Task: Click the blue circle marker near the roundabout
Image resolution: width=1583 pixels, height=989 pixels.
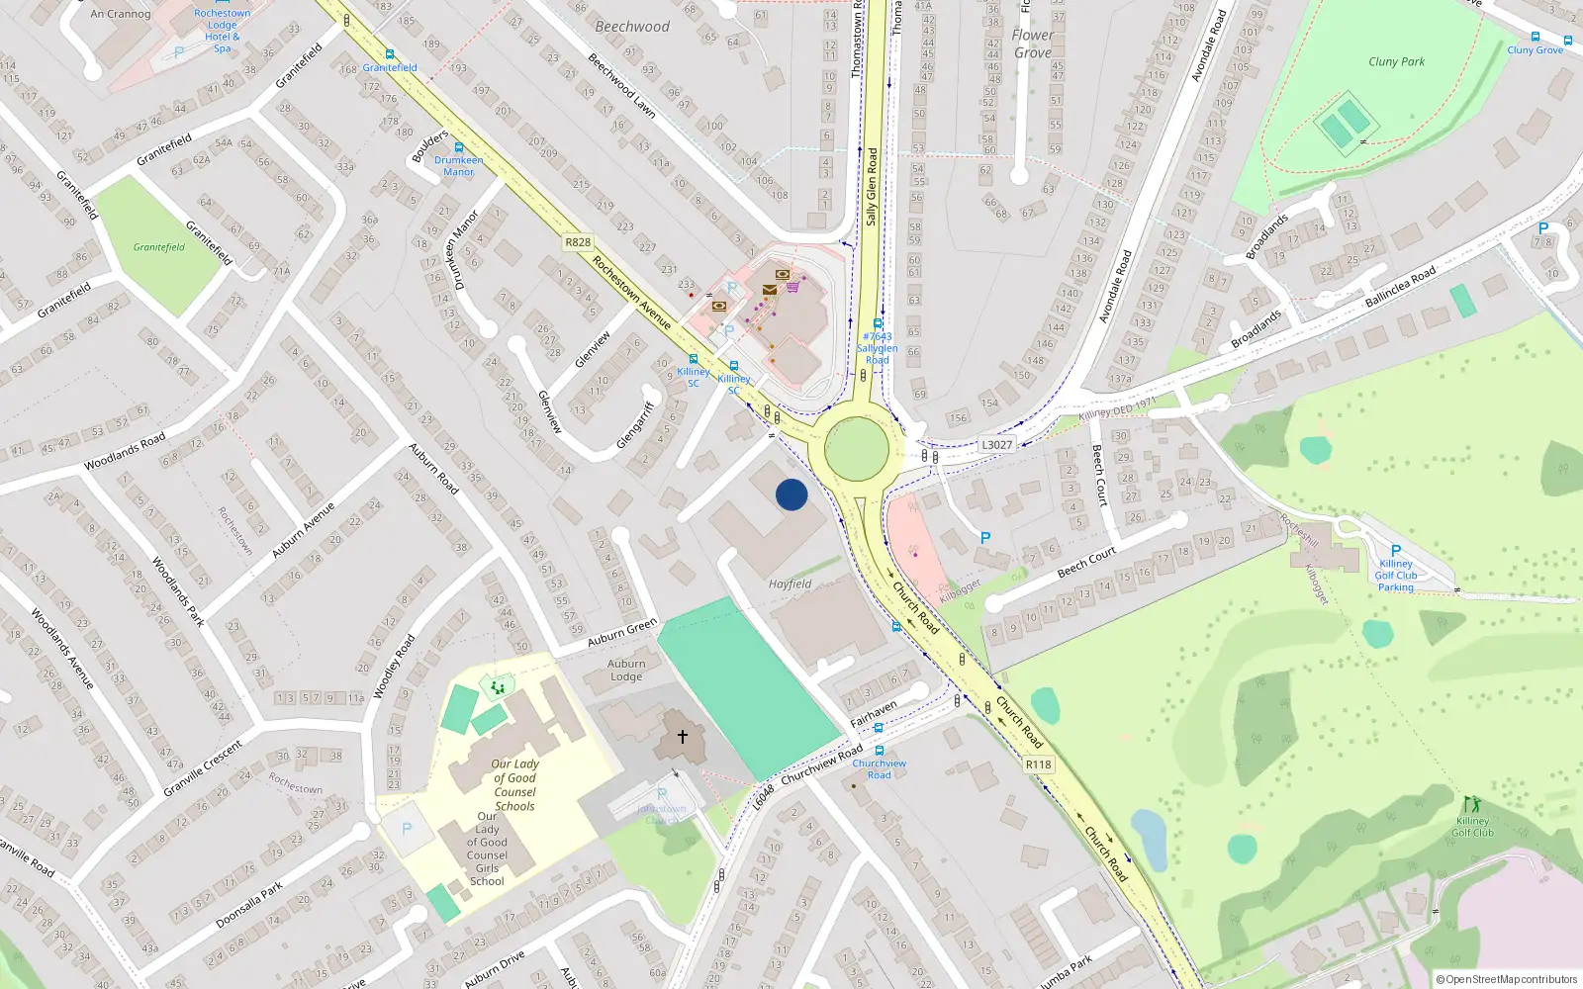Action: coord(791,494)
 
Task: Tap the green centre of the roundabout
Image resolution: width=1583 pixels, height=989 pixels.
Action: coord(857,448)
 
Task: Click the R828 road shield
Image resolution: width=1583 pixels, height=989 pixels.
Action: coord(578,242)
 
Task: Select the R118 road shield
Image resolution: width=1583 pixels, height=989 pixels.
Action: coord(1038,764)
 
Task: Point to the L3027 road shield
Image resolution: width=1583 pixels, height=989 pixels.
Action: coord(996,445)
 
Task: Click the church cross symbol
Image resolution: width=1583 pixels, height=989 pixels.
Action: coord(682,737)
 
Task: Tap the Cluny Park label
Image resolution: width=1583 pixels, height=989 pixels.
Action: coord(1396,61)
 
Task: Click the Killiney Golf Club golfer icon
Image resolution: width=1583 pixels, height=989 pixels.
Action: coord(1471,804)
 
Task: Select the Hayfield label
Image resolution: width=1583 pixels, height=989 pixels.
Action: coord(790,584)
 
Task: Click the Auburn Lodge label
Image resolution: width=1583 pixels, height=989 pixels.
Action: coord(626,671)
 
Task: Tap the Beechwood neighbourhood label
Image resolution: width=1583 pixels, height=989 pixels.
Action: coord(632,27)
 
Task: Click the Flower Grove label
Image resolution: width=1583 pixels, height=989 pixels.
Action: coord(1032,44)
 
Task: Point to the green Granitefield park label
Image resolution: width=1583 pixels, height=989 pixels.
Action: coord(159,247)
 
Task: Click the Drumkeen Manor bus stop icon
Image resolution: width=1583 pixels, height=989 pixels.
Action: coord(458,147)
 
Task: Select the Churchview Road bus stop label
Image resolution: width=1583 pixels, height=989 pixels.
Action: coord(879,768)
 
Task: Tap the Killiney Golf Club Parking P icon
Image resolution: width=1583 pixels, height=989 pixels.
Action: coord(1396,551)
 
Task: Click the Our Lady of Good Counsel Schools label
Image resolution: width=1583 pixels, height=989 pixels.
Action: coord(514,785)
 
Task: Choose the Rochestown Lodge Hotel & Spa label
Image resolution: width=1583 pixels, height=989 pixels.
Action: coord(222,31)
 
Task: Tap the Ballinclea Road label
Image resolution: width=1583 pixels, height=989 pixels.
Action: coord(1400,288)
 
